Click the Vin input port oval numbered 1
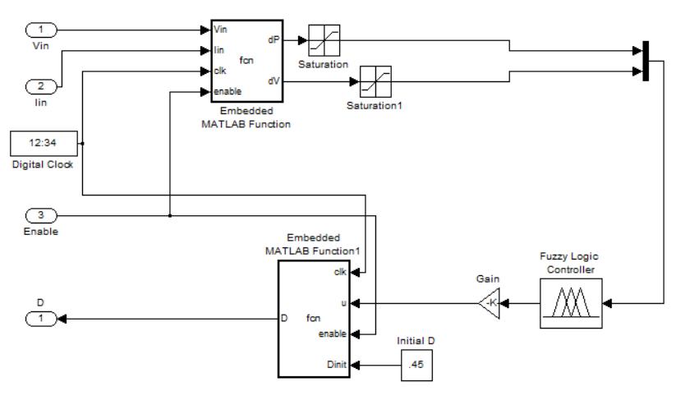click(x=44, y=30)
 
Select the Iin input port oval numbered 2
click(x=44, y=86)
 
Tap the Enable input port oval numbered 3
click(x=44, y=216)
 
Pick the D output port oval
click(x=44, y=317)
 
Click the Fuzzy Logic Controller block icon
click(x=571, y=304)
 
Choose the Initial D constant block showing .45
click(x=416, y=363)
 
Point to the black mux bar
click(x=645, y=61)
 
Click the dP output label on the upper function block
click(x=273, y=39)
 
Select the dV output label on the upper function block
click(x=273, y=81)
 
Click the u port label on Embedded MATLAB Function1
click(x=343, y=303)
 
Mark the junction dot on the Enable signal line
click(x=169, y=216)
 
